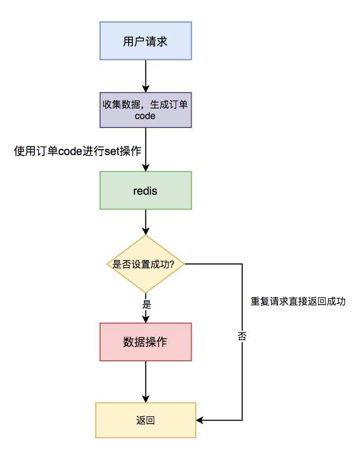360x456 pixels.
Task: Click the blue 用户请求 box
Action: pyautogui.click(x=146, y=41)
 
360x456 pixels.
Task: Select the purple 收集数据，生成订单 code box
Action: pyautogui.click(x=146, y=110)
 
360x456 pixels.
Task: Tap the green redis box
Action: pyautogui.click(x=146, y=190)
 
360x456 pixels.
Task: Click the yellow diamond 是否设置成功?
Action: pyautogui.click(x=146, y=264)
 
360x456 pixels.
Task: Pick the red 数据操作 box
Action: pyautogui.click(x=146, y=342)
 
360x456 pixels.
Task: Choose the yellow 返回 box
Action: pyautogui.click(x=146, y=421)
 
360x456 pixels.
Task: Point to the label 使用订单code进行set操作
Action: pyautogui.click(x=77, y=151)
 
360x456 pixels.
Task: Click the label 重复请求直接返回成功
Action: pyautogui.click(x=298, y=302)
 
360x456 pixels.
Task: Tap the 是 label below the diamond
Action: pyautogui.click(x=147, y=305)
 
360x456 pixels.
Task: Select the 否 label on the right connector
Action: pyautogui.click(x=242, y=336)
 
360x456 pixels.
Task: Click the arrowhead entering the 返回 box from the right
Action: pyautogui.click(x=200, y=421)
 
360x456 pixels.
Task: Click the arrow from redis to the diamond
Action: pyautogui.click(x=146, y=222)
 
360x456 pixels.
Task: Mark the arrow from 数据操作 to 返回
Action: pyautogui.click(x=146, y=381)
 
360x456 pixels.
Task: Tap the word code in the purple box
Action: pyautogui.click(x=145, y=116)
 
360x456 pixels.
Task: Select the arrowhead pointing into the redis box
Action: pyautogui.click(x=146, y=167)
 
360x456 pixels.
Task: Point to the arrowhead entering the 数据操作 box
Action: pyautogui.click(x=146, y=318)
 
